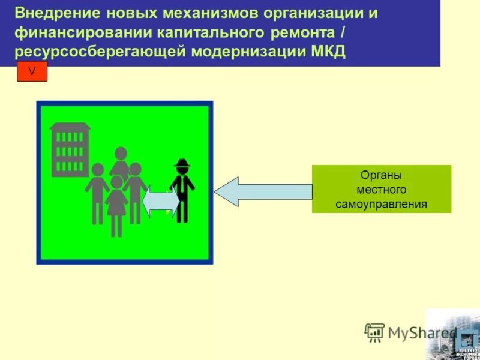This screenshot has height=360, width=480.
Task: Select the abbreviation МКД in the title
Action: [x=328, y=51]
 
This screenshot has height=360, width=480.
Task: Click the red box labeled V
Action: [x=32, y=71]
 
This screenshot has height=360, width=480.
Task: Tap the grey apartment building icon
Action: [x=70, y=149]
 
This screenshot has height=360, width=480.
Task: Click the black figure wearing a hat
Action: [x=182, y=190]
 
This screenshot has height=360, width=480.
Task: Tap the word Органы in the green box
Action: [x=381, y=175]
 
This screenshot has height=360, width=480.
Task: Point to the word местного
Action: [x=381, y=190]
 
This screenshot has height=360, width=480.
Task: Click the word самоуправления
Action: [x=381, y=204]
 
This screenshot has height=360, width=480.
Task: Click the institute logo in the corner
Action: [x=453, y=334]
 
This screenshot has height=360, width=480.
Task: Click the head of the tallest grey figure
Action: [x=121, y=154]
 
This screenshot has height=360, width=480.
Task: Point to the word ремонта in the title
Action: [x=312, y=32]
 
